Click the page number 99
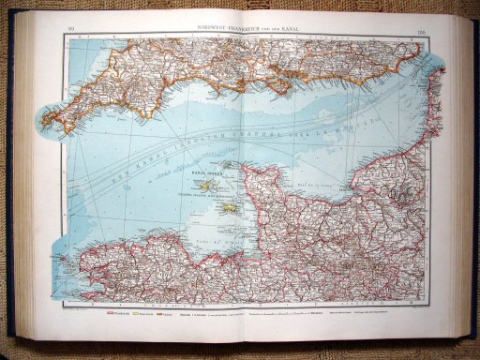(71, 33)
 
